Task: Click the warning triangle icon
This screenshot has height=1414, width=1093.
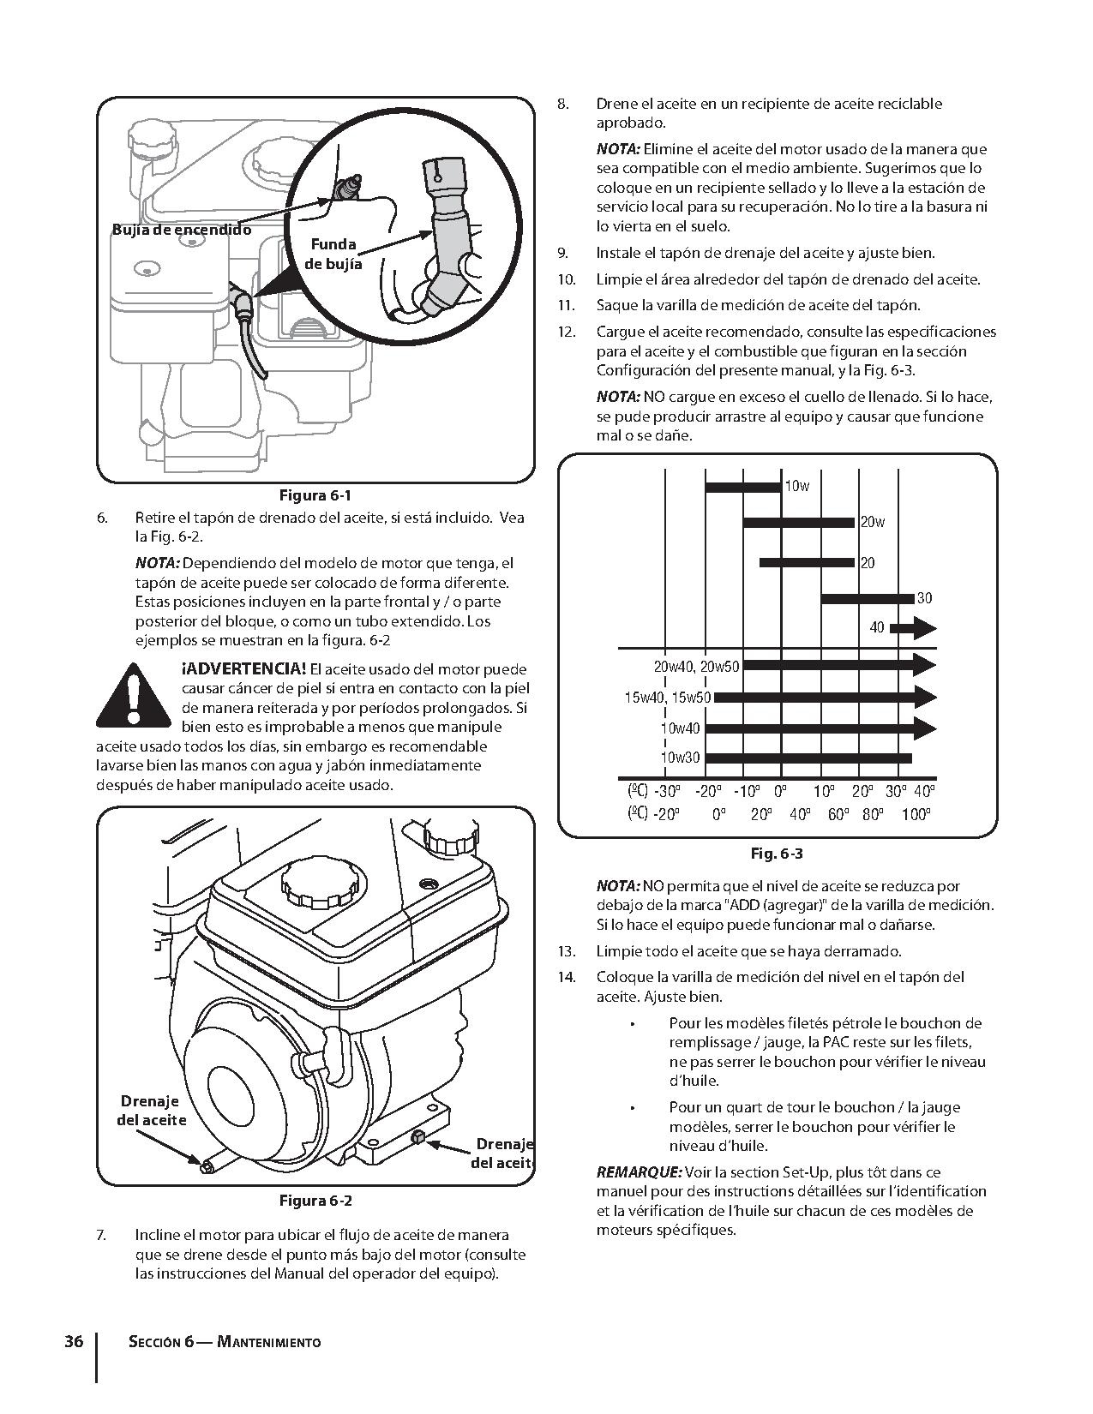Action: click(132, 697)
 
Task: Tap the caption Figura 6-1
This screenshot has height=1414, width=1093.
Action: click(315, 495)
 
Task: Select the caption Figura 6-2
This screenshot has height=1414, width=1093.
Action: click(315, 1201)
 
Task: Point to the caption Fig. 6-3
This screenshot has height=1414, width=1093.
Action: click(776, 854)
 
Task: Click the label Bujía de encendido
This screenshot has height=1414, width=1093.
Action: click(182, 230)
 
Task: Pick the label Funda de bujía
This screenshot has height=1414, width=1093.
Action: click(333, 255)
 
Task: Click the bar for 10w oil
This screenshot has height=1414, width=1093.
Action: click(742, 487)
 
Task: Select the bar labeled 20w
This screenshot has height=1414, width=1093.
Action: click(798, 522)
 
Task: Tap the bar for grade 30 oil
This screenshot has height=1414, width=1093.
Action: click(867, 598)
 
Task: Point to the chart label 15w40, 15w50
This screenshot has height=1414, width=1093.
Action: click(667, 698)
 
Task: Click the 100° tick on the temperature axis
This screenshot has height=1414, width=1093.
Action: click(916, 814)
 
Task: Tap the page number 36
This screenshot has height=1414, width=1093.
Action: click(74, 1341)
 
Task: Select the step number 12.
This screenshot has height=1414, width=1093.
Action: click(566, 332)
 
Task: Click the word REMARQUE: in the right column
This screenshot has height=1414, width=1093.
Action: click(639, 1172)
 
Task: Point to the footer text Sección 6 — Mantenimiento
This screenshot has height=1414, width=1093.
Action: click(224, 1342)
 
